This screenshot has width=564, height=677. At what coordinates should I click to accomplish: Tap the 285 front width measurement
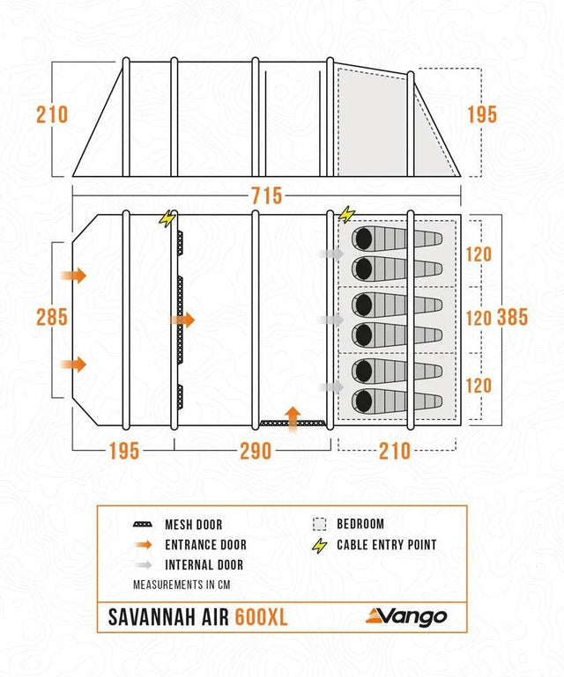[x=52, y=317]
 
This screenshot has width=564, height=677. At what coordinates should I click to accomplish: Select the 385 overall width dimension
[x=511, y=317]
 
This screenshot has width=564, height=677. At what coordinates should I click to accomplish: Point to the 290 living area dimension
[x=256, y=451]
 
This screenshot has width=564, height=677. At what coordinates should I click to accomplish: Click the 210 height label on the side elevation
[x=52, y=114]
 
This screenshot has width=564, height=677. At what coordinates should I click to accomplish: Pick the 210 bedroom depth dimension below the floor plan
[x=394, y=451]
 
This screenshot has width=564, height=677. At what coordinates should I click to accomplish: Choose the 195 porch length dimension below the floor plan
[x=123, y=451]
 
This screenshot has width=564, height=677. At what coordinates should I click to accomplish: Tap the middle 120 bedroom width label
[x=478, y=319]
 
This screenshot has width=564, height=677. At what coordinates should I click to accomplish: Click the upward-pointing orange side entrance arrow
[x=293, y=416]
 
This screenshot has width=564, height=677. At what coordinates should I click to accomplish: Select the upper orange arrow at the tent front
[x=75, y=276]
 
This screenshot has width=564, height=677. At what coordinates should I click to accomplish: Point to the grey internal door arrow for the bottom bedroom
[x=332, y=386]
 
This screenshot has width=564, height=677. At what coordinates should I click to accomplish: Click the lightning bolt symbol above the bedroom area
[x=345, y=214]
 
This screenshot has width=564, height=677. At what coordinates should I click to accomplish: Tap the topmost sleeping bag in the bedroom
[x=397, y=239]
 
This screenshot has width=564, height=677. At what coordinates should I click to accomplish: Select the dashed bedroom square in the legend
[x=319, y=525]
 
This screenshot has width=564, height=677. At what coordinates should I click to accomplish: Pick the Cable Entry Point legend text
[x=386, y=545]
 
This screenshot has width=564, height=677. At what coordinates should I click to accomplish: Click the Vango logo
[x=406, y=616]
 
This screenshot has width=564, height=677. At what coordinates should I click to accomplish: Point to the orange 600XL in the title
[x=261, y=617]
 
